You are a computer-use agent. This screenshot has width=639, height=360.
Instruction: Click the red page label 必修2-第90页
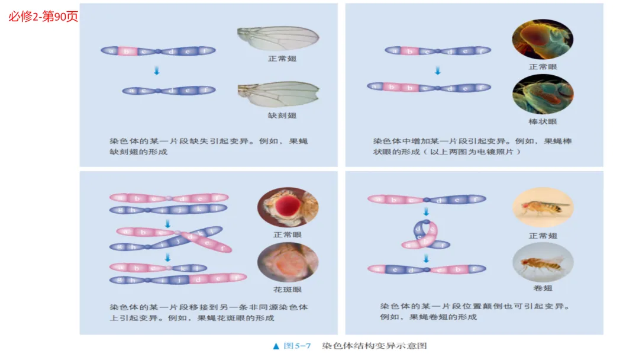point(43,17)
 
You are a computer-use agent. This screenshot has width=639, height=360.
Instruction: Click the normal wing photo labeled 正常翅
point(277,40)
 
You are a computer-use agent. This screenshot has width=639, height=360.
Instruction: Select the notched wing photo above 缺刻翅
point(277,94)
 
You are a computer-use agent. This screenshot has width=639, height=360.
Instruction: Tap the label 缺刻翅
point(282,115)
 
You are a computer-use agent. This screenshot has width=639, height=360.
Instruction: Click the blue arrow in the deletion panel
point(157,70)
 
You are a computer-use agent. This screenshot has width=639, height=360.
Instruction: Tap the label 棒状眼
point(543,122)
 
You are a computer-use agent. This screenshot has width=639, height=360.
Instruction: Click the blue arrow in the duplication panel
point(437,70)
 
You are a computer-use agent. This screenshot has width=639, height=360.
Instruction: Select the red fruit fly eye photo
point(288,207)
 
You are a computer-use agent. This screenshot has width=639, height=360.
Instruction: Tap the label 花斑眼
point(288,290)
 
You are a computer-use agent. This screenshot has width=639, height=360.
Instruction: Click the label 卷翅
point(543,288)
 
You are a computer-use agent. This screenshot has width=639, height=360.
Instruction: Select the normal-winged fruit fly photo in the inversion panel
point(543,207)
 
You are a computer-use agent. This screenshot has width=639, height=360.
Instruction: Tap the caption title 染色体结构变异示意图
point(374,346)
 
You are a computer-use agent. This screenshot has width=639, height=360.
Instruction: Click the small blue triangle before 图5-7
point(276,346)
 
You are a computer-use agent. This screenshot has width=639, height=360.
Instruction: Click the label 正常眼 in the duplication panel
point(543,67)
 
